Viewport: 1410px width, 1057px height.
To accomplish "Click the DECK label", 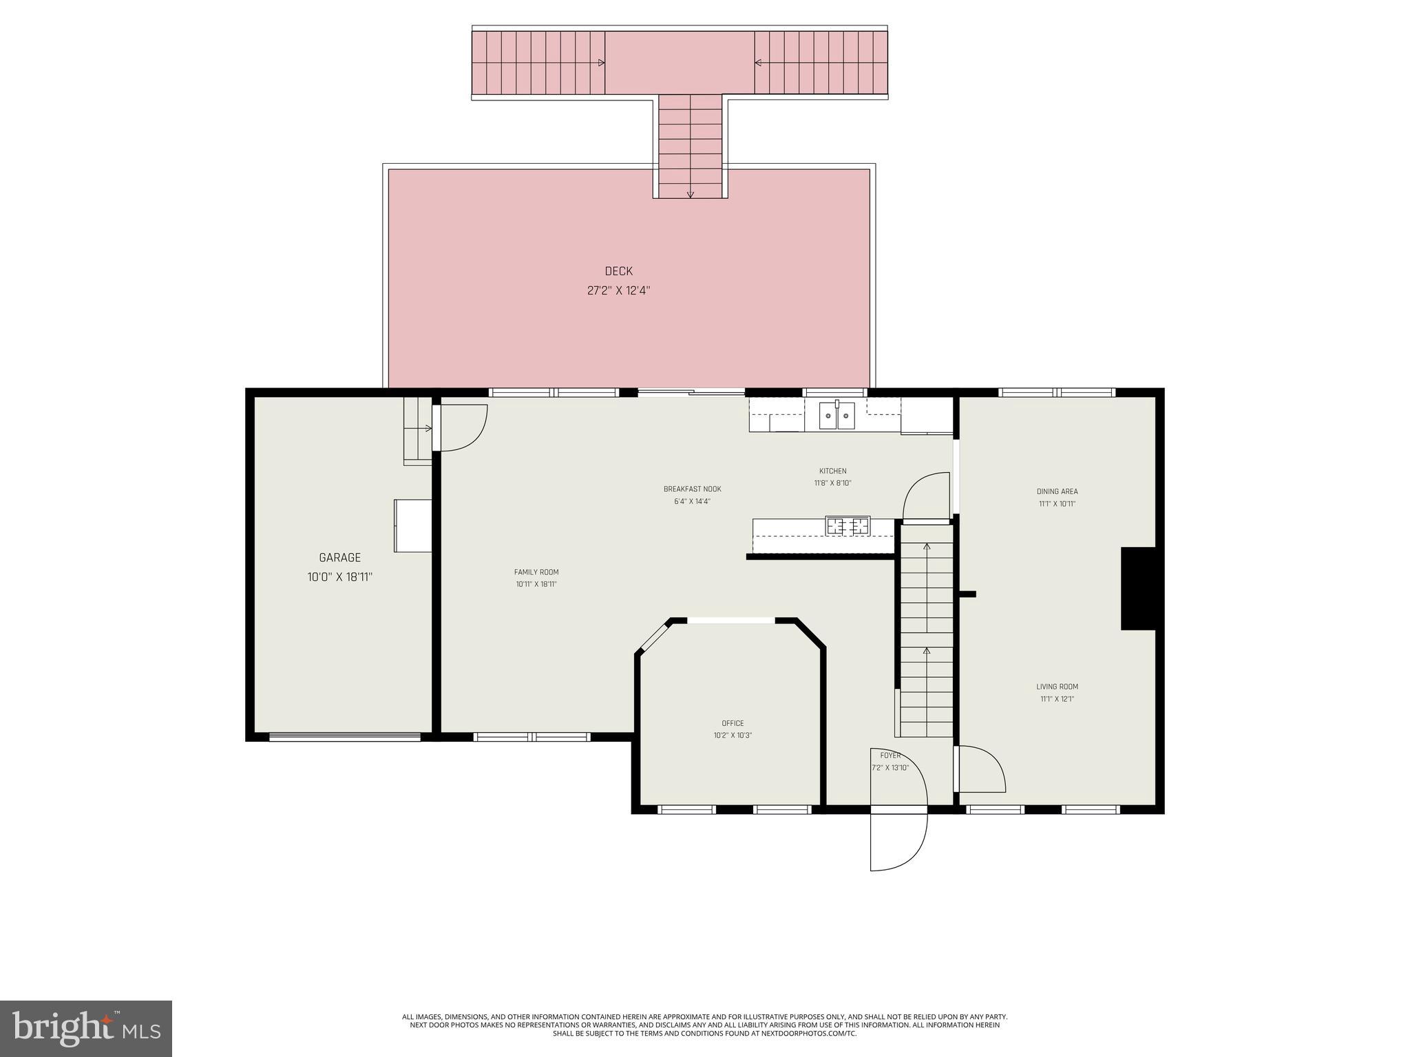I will [x=618, y=271].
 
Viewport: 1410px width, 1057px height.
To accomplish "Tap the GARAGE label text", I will [x=339, y=557].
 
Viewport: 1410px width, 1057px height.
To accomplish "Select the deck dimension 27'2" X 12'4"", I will [x=618, y=290].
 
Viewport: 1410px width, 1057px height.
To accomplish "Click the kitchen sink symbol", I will [x=836, y=416].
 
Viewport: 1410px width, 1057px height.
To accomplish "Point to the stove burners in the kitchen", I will [x=848, y=526].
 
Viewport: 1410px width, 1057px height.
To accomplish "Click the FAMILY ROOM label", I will [x=536, y=572].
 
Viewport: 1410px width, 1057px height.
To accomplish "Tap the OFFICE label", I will [x=733, y=723].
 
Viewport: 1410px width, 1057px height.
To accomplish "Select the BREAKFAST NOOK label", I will [x=692, y=489].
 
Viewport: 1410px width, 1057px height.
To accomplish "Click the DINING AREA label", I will [x=1057, y=491].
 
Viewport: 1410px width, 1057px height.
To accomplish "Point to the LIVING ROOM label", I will [x=1057, y=687].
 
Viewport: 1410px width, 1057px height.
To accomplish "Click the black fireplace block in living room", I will [x=1138, y=588].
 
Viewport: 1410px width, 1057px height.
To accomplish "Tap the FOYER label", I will [x=890, y=756].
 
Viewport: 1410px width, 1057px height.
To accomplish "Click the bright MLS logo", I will [x=86, y=1028].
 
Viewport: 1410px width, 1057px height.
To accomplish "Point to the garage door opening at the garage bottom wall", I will [x=344, y=737].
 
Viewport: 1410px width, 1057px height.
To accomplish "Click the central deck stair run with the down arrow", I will [x=690, y=146].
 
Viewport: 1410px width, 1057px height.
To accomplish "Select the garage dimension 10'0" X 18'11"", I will [x=339, y=577].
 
